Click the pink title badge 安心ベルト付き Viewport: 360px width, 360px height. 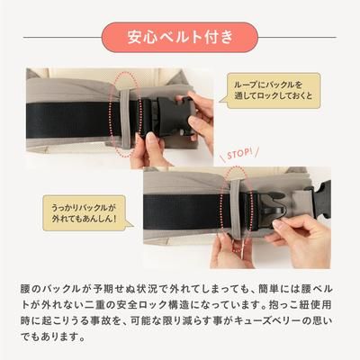pos(179,37)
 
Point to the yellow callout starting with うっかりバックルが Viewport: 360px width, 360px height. pos(88,211)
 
